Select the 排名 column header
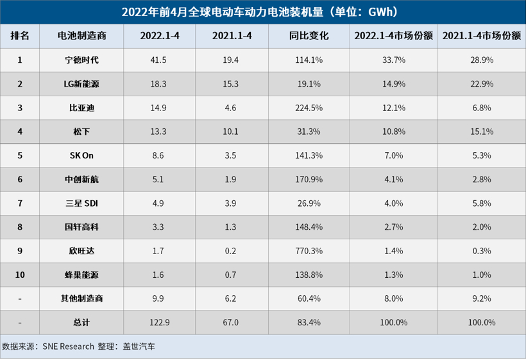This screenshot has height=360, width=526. tap(20, 36)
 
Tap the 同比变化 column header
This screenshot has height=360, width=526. tap(309, 36)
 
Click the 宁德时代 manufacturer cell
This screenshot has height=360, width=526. tap(81, 60)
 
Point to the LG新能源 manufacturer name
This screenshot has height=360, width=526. tap(81, 84)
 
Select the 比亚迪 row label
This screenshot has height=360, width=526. tap(81, 108)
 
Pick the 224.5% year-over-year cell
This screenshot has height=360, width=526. tap(309, 108)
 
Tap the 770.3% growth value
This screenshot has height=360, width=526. tap(309, 250)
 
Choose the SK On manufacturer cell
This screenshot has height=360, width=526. tap(81, 155)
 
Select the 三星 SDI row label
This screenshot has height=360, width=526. tap(81, 203)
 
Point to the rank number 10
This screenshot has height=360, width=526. tap(20, 274)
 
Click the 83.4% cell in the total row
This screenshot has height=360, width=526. tap(309, 322)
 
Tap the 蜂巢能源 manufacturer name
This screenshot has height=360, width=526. tap(81, 274)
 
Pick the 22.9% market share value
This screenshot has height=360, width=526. tap(481, 84)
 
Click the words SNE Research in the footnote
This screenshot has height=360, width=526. tap(69, 347)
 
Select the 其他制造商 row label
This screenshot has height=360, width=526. tap(81, 298)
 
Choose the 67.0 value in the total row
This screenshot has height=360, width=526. tap(231, 322)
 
